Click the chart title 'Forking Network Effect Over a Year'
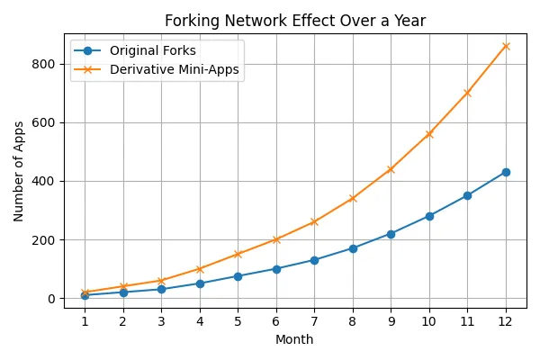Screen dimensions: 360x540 pyautogui.click(x=295, y=21)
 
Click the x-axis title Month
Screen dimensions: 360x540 pyautogui.click(x=295, y=339)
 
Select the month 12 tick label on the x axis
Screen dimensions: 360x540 pyautogui.click(x=506, y=320)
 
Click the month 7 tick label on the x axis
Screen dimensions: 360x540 pyautogui.click(x=314, y=320)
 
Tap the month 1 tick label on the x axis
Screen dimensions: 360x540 pyautogui.click(x=85, y=320)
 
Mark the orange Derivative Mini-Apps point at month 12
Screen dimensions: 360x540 pyautogui.click(x=506, y=46)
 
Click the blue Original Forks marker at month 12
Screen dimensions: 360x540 pyautogui.click(x=506, y=172)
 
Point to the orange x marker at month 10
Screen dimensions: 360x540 pyautogui.click(x=429, y=134)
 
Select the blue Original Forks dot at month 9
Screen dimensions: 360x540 pyautogui.click(x=391, y=234)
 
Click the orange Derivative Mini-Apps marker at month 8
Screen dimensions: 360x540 pyautogui.click(x=353, y=198)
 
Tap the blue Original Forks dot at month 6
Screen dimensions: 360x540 pyautogui.click(x=276, y=269)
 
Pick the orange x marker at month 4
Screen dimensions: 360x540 pyautogui.click(x=200, y=269)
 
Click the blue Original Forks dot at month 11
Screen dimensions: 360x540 pyautogui.click(x=467, y=195)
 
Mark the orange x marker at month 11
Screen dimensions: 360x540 pyautogui.click(x=467, y=93)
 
